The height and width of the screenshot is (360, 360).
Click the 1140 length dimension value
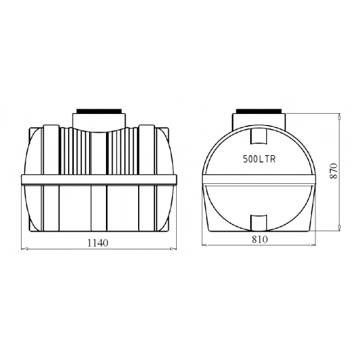click(x=98, y=243)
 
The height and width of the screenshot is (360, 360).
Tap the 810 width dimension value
click(x=260, y=240)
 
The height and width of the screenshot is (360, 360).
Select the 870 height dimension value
click(x=333, y=171)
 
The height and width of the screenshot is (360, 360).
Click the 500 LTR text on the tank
click(x=259, y=159)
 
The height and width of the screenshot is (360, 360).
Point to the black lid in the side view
click(x=99, y=111)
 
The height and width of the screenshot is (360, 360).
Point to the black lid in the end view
click(x=259, y=111)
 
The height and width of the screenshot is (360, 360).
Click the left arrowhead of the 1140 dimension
click(x=24, y=249)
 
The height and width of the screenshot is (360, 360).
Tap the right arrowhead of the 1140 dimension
click(x=173, y=249)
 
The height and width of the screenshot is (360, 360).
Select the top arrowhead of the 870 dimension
click(x=340, y=117)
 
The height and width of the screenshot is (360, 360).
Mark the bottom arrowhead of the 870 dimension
click(x=340, y=227)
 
